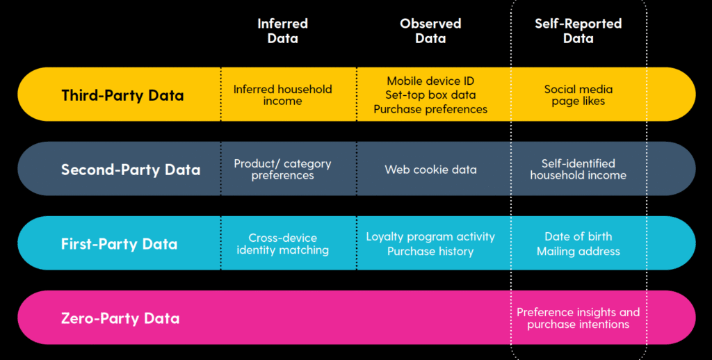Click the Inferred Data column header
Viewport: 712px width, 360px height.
coord(282,31)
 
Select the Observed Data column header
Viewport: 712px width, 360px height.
coord(430,31)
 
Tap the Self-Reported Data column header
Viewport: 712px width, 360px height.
coord(578,31)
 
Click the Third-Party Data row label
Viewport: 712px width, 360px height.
coord(122,95)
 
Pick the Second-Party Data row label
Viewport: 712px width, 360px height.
coord(130,170)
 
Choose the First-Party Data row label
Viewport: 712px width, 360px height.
coord(119,244)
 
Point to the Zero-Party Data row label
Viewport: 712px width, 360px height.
coord(120,318)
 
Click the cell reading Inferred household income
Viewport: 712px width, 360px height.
coord(282,95)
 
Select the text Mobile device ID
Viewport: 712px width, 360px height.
coord(430,81)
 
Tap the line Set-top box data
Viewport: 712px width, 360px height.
coord(430,95)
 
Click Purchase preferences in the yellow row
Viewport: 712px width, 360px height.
coord(430,109)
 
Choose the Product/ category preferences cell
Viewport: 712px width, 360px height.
coord(282,170)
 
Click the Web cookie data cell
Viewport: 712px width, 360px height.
coord(430,170)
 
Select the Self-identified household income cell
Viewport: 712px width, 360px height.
coord(578,170)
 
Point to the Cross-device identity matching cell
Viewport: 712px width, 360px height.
coord(282,244)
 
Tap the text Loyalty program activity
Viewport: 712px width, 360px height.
coord(430,236)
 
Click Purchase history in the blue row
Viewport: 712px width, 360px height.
coord(430,252)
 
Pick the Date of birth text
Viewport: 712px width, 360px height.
coord(578,236)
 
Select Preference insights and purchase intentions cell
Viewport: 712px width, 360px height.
coord(578,318)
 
